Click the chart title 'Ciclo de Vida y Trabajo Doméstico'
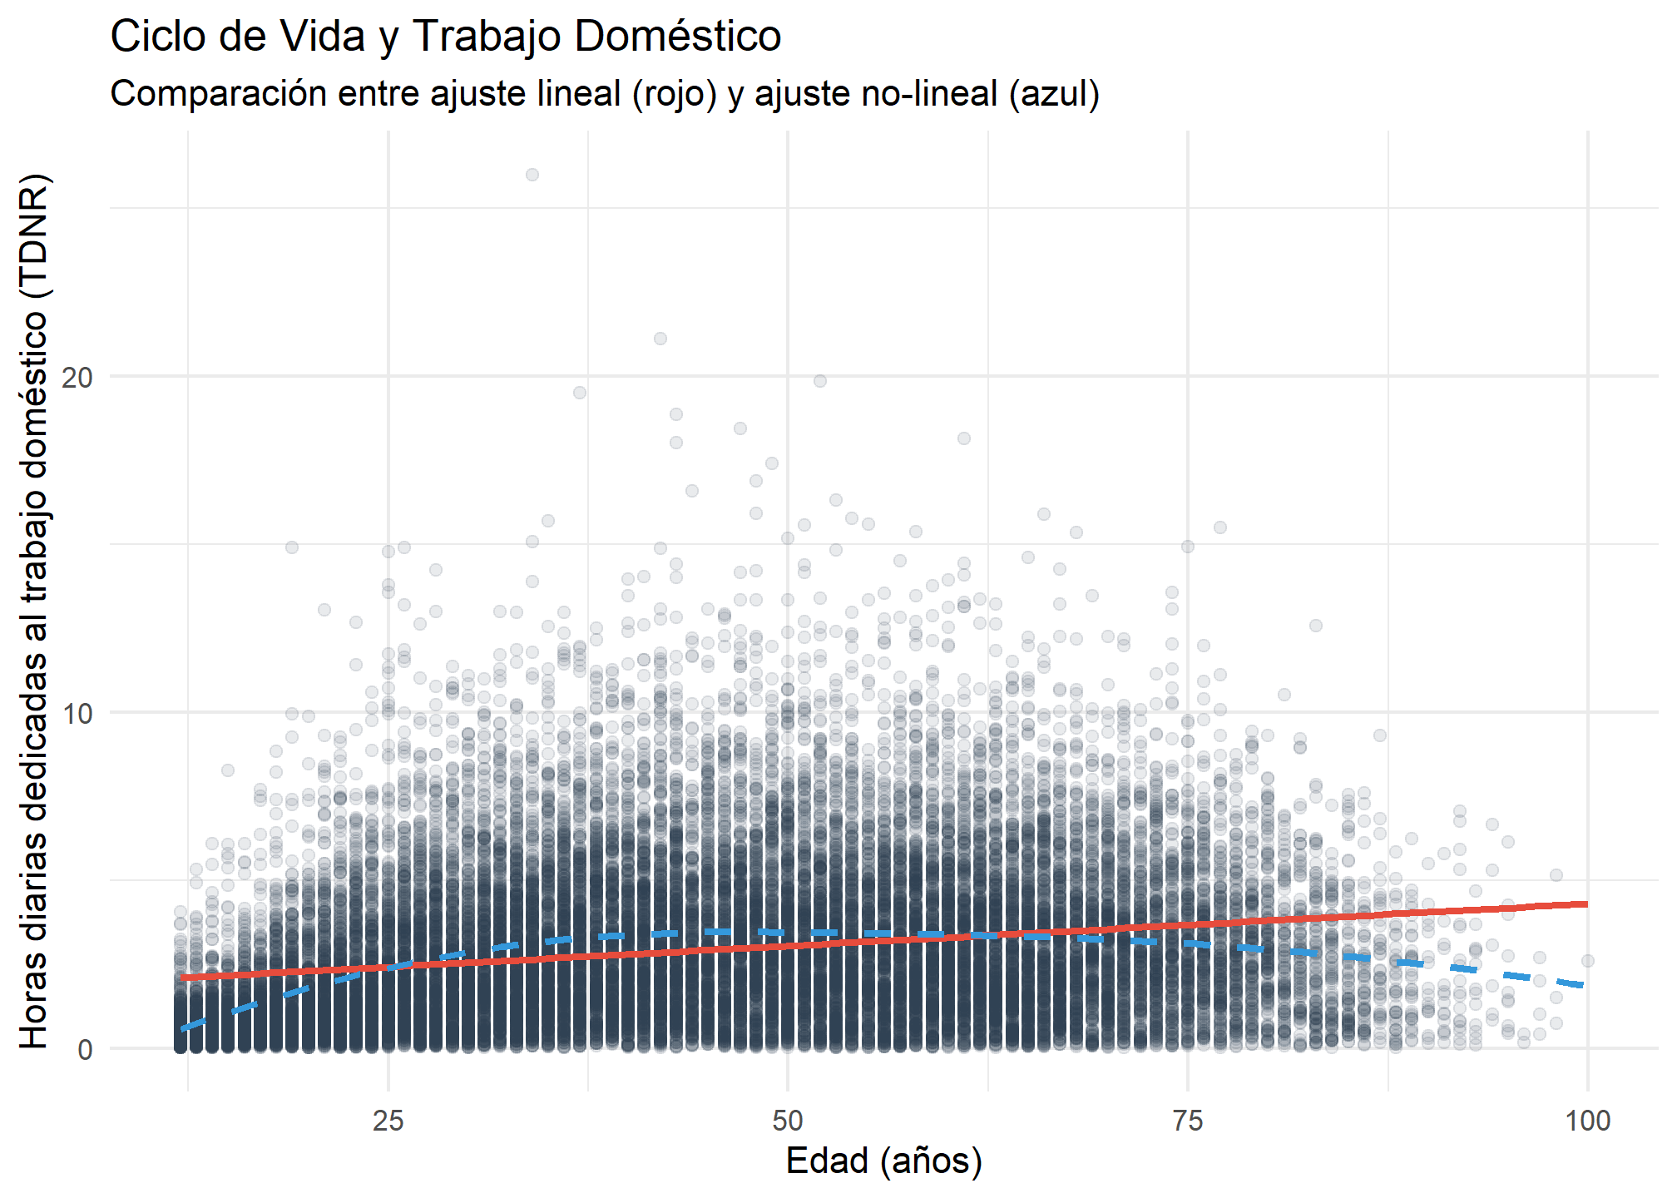point(445,37)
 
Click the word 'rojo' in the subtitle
point(674,94)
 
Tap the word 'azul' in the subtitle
point(1054,94)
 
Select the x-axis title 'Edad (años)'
point(883,1161)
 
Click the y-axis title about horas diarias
point(35,611)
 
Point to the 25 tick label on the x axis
point(388,1121)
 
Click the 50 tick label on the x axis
point(788,1121)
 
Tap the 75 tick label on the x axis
point(1188,1121)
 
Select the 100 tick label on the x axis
point(1587,1121)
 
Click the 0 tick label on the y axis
point(85,1050)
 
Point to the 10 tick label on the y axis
point(77,714)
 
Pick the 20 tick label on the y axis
point(77,378)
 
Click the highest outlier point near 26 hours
point(532,175)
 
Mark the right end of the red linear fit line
point(1586,903)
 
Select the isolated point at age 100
point(1587,961)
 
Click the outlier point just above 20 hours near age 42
point(660,339)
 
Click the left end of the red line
point(183,978)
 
